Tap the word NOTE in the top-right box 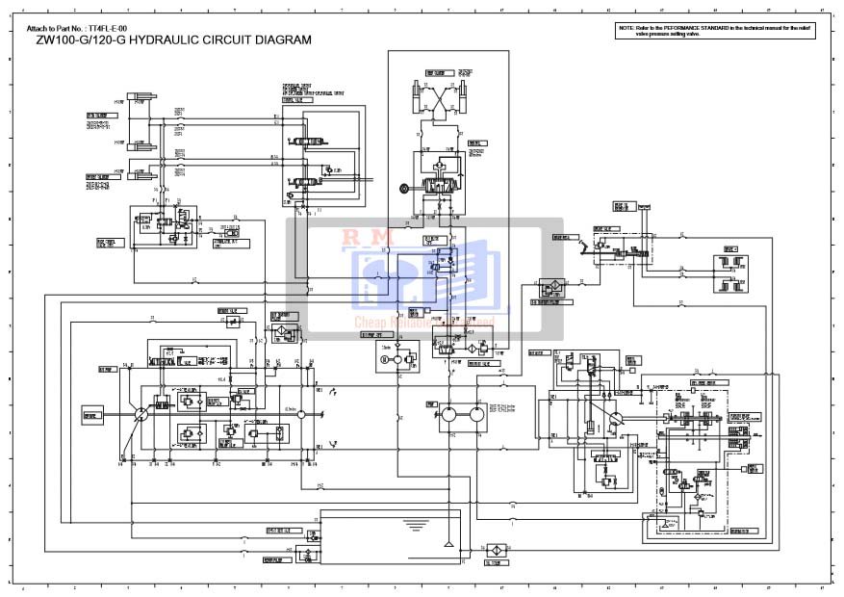627,29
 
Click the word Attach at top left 37,29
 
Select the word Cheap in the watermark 370,323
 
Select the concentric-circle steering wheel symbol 404,189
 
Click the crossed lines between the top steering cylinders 445,97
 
